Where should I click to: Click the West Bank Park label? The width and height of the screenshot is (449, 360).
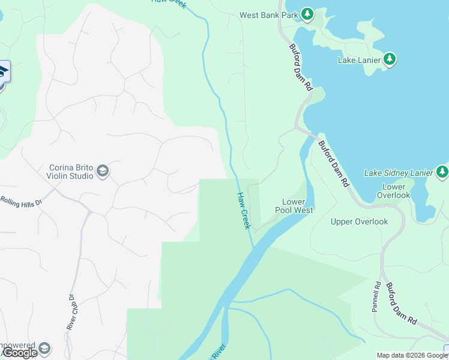pyautogui.click(x=268, y=15)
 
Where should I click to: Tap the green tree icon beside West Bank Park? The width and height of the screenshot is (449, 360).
pyautogui.click(x=307, y=14)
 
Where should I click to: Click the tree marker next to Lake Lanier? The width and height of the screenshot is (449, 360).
pyautogui.click(x=390, y=59)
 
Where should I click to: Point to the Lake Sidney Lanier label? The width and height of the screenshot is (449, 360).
pyautogui.click(x=398, y=173)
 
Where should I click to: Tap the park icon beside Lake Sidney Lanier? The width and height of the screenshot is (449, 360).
pyautogui.click(x=442, y=173)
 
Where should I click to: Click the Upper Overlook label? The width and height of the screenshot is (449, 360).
pyautogui.click(x=359, y=222)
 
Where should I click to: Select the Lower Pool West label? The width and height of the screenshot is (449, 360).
pyautogui.click(x=294, y=206)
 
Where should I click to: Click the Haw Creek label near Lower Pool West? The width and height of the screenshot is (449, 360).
pyautogui.click(x=243, y=210)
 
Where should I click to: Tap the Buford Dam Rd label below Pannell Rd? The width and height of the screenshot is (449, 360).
pyautogui.click(x=401, y=304)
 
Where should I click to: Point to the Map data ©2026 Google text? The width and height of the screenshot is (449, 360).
pyautogui.click(x=412, y=355)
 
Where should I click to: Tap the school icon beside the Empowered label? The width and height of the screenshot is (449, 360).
pyautogui.click(x=44, y=349)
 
